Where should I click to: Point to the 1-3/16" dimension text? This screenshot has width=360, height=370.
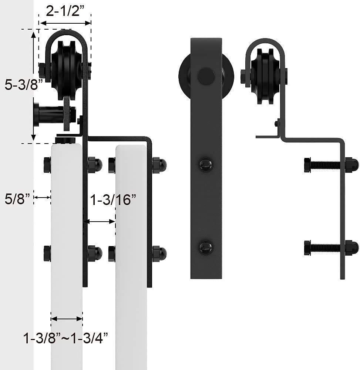pyautogui.click(x=113, y=200)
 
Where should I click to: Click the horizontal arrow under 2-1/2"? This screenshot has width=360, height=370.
pyautogui.click(x=65, y=23)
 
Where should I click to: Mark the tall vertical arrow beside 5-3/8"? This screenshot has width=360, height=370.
pyautogui.click(x=34, y=86)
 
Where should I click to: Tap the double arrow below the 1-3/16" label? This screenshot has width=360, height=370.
pyautogui.click(x=99, y=221)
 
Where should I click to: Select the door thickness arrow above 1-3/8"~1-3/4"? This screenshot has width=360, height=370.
pyautogui.click(x=67, y=319)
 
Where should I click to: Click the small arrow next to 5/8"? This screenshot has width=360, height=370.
pyautogui.click(x=43, y=197)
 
